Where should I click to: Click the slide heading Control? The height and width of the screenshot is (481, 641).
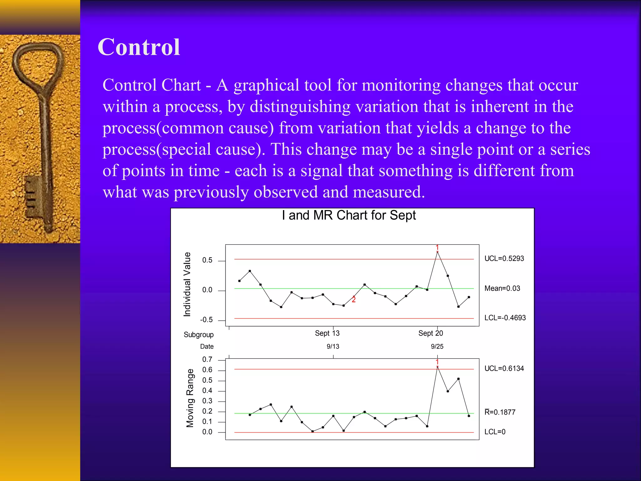coord(139,47)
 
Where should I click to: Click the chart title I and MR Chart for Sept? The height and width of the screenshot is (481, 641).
coord(349,215)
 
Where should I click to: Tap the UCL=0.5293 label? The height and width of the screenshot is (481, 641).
coord(504,259)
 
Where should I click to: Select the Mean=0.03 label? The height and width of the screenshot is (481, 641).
coord(502,288)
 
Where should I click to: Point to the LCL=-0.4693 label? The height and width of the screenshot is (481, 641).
coord(505,318)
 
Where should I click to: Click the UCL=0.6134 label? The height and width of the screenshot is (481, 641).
coord(504,369)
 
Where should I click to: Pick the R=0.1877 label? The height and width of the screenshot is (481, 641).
coord(500,412)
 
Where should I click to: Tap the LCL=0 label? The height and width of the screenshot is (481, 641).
coord(495,432)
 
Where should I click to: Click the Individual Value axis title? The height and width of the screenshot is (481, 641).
coord(187,284)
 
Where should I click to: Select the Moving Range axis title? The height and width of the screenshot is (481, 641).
coord(190,398)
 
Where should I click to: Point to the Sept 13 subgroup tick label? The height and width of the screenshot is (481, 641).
coord(327,333)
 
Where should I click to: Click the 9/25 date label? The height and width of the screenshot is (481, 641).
coord(437,347)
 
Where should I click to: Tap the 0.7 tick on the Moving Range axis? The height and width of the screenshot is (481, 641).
coord(207,359)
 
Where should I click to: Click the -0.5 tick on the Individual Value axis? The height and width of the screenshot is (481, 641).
coord(207,320)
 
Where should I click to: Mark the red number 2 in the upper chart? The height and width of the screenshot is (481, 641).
coord(354,300)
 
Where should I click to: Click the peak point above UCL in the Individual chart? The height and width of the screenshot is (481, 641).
coord(437,252)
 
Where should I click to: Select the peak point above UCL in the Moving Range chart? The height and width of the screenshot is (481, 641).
coord(437,367)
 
